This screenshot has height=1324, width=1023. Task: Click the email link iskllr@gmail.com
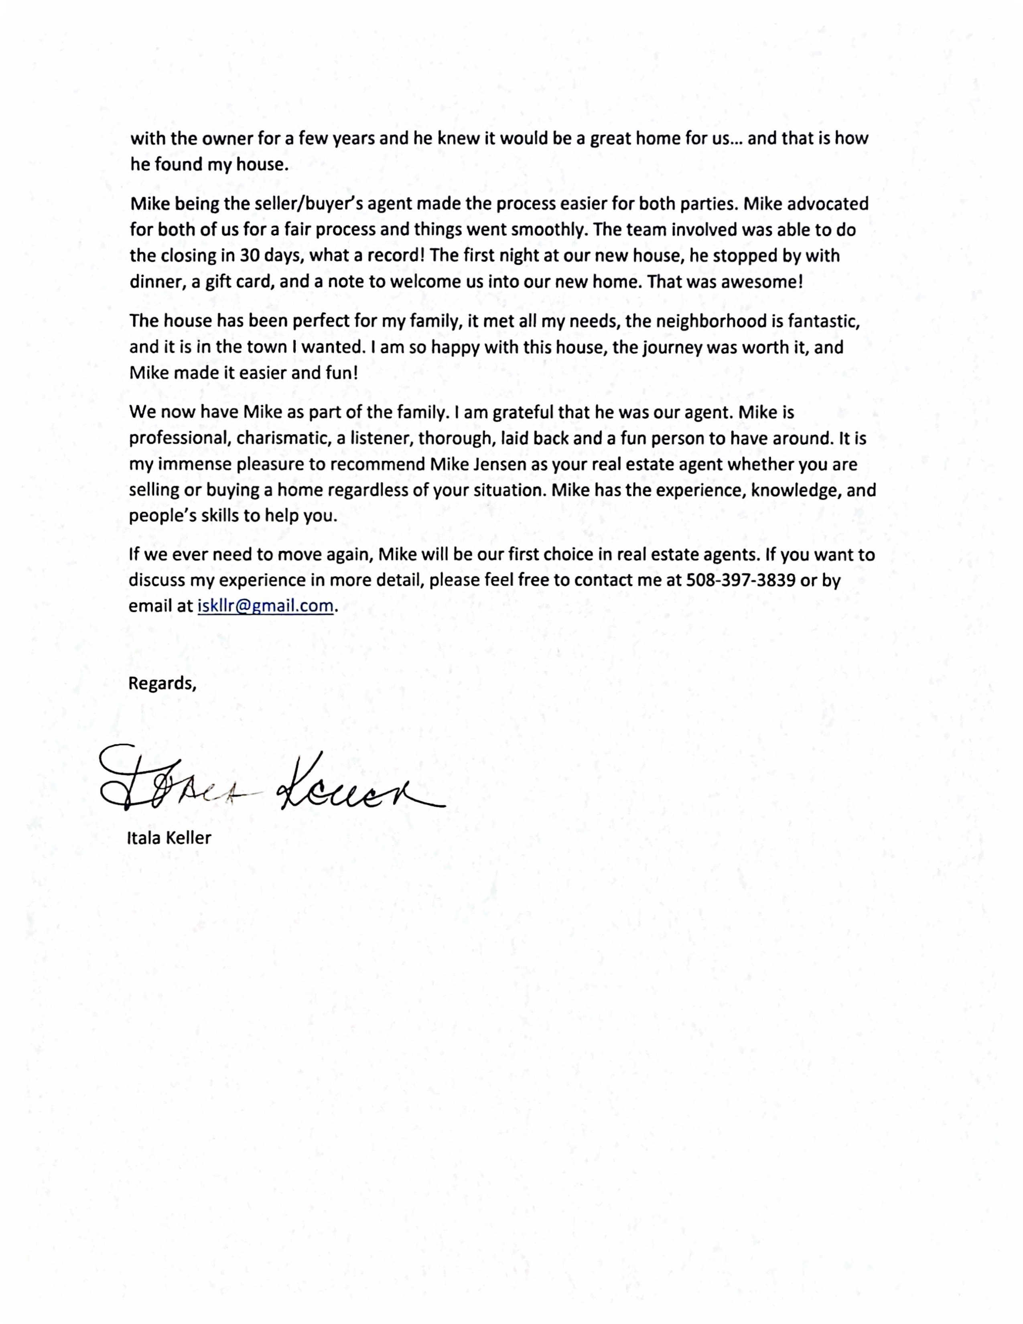point(266,605)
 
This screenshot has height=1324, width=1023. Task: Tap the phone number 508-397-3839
point(740,580)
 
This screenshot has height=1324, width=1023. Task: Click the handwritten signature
point(273,782)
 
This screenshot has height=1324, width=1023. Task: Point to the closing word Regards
point(162,683)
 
